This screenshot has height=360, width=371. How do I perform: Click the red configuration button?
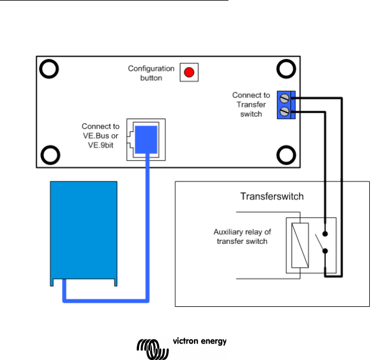189,72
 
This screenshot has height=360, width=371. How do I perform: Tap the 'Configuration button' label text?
151,74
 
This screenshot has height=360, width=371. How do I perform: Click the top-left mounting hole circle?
48,69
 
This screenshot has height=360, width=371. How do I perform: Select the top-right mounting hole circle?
286,69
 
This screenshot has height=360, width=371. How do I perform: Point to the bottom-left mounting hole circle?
48,155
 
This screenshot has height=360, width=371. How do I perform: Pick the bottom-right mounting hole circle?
286,155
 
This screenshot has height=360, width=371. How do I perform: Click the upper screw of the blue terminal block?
285,99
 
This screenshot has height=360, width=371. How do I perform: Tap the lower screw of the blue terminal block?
285,111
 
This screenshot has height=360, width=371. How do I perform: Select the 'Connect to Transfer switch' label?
251,104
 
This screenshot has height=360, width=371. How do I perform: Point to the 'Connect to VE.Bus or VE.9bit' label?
100,135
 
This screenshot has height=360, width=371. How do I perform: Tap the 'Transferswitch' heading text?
272,197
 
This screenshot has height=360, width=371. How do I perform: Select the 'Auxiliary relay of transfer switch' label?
242,236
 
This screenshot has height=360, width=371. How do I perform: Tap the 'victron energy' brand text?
200,341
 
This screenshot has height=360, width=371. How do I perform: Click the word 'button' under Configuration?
151,78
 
